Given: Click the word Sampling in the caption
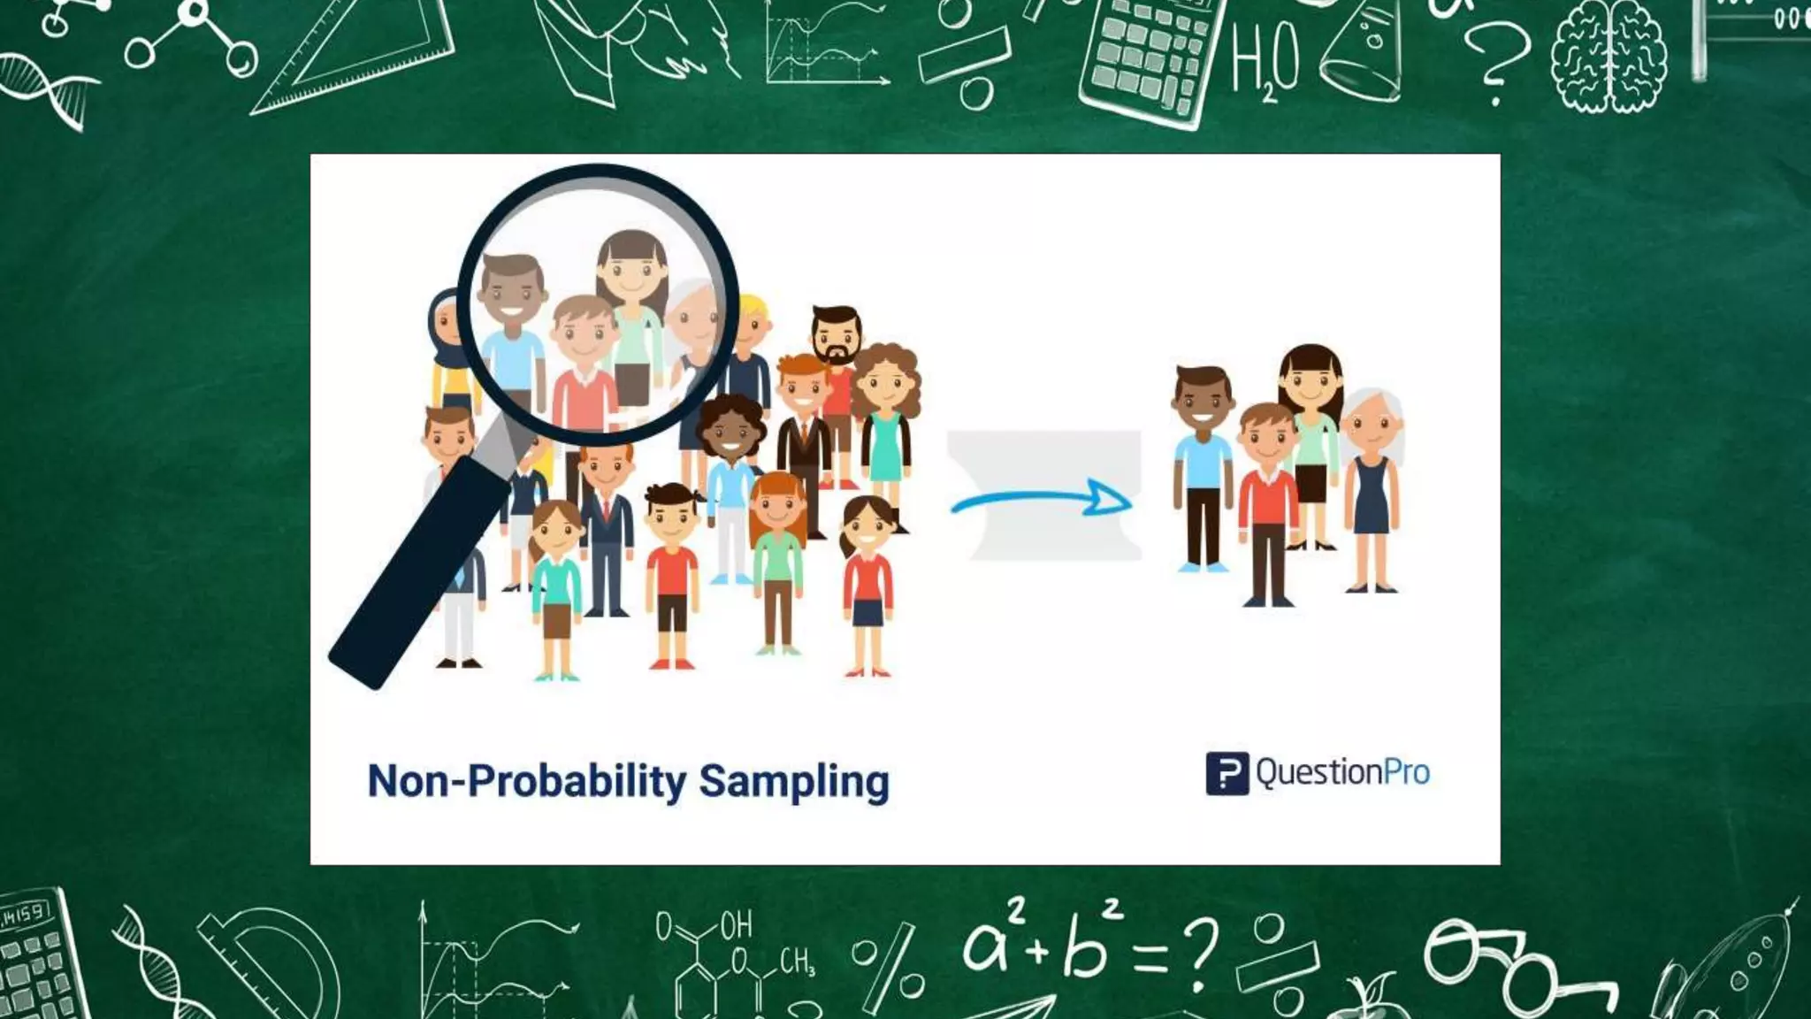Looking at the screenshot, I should coord(794,782).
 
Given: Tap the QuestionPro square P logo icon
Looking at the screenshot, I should coord(1226,773).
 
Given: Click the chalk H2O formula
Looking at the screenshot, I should coord(1265,62).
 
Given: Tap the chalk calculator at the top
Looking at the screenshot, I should coord(1150,57).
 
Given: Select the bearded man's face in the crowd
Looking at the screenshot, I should coord(836,336).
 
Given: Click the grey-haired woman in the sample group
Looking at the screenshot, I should coord(1372,487).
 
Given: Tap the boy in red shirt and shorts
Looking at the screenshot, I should coord(672,575).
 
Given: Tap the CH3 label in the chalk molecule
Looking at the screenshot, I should coord(796,961).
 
